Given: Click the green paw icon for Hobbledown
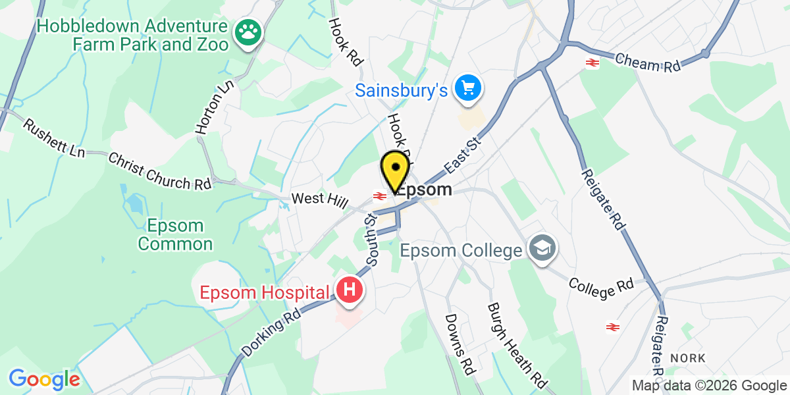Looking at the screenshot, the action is (x=249, y=30).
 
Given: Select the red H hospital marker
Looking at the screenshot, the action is (x=350, y=289).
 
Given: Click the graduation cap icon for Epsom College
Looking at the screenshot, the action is (x=543, y=248).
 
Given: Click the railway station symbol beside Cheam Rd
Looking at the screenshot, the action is (x=592, y=63).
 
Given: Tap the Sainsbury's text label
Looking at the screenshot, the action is (x=402, y=90).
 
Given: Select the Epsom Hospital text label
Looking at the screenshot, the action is (x=265, y=292).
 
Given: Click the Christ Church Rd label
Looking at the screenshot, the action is (x=160, y=172).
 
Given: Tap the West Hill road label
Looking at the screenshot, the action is (x=319, y=199).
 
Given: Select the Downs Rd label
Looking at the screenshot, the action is (x=460, y=344).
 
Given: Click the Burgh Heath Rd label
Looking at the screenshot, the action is (x=517, y=346).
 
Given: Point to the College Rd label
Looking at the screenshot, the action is (x=601, y=287).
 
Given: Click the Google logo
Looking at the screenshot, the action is (x=44, y=379).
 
